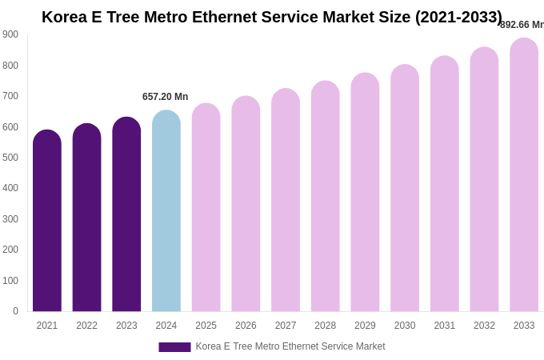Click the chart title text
click(272, 17)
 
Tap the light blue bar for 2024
click(166, 211)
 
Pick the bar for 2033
click(524, 175)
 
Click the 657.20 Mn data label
click(166, 97)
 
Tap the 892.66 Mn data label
click(522, 25)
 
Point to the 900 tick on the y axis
click(10, 34)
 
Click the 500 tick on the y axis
click(10, 158)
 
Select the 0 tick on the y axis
click(15, 311)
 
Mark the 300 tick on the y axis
click(10, 219)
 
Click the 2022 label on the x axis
click(86, 326)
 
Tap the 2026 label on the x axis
click(246, 326)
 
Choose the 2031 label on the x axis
click(445, 326)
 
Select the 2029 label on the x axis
click(365, 326)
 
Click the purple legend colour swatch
click(174, 346)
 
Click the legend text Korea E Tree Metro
click(290, 346)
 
